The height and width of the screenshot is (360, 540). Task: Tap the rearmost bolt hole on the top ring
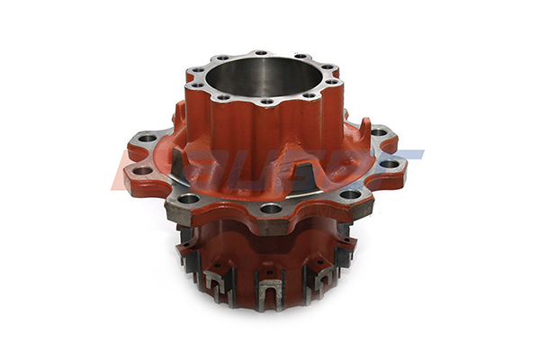260,54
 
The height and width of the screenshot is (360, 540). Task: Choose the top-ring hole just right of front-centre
309,94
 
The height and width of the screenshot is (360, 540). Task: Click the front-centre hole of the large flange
270,209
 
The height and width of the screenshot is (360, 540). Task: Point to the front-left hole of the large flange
189,198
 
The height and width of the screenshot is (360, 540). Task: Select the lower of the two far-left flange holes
143,170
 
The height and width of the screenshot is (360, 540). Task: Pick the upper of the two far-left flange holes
146,139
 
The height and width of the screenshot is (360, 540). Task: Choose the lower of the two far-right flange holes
390,164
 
